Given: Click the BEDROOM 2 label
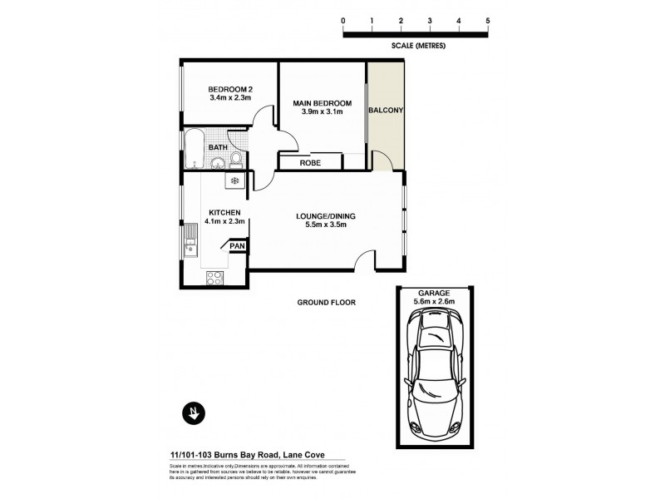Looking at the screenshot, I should pyautogui.click(x=230, y=90).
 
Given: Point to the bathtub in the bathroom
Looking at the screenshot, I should pyautogui.click(x=195, y=147).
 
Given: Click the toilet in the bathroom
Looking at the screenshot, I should pyautogui.click(x=237, y=158).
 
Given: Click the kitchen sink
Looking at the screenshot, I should pyautogui.click(x=190, y=245).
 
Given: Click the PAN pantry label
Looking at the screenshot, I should pyautogui.click(x=236, y=246).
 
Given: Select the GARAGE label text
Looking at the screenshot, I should pyautogui.click(x=432, y=294).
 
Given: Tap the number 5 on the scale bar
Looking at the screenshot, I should pyautogui.click(x=488, y=18).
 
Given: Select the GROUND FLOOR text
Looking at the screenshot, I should pyautogui.click(x=326, y=303).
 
